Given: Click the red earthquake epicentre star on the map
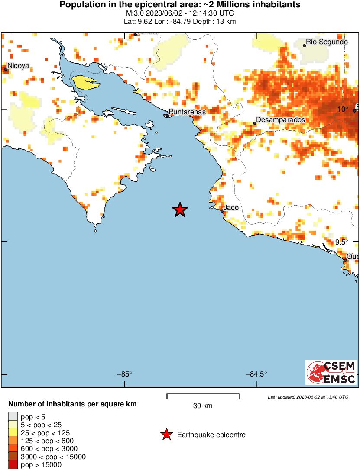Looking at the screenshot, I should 180,210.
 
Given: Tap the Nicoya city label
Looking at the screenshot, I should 18,66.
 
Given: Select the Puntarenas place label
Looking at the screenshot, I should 187,112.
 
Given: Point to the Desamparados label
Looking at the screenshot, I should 281,119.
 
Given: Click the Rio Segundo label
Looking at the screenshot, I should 327,42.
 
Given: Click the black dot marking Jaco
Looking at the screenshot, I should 222,212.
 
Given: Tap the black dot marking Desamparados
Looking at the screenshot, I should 255,123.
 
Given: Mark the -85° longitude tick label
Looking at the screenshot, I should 125,374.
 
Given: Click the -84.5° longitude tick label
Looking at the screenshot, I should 256,374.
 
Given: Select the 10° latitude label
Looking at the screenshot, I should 343,109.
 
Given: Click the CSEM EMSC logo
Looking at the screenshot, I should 331,373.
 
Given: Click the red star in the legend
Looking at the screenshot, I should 166,435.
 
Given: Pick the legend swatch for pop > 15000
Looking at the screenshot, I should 13,465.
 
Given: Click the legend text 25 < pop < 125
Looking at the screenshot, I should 45,433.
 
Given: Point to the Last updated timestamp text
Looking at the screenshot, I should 308,397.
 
